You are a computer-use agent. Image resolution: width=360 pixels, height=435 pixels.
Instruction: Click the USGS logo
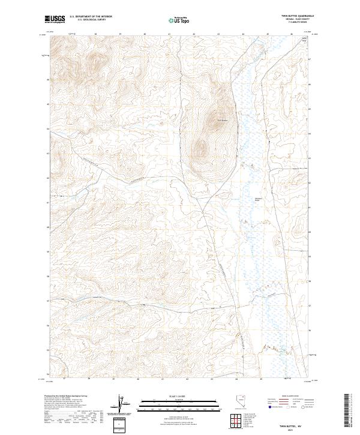[55, 20]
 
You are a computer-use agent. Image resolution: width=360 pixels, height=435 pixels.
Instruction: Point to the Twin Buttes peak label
[222, 120]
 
